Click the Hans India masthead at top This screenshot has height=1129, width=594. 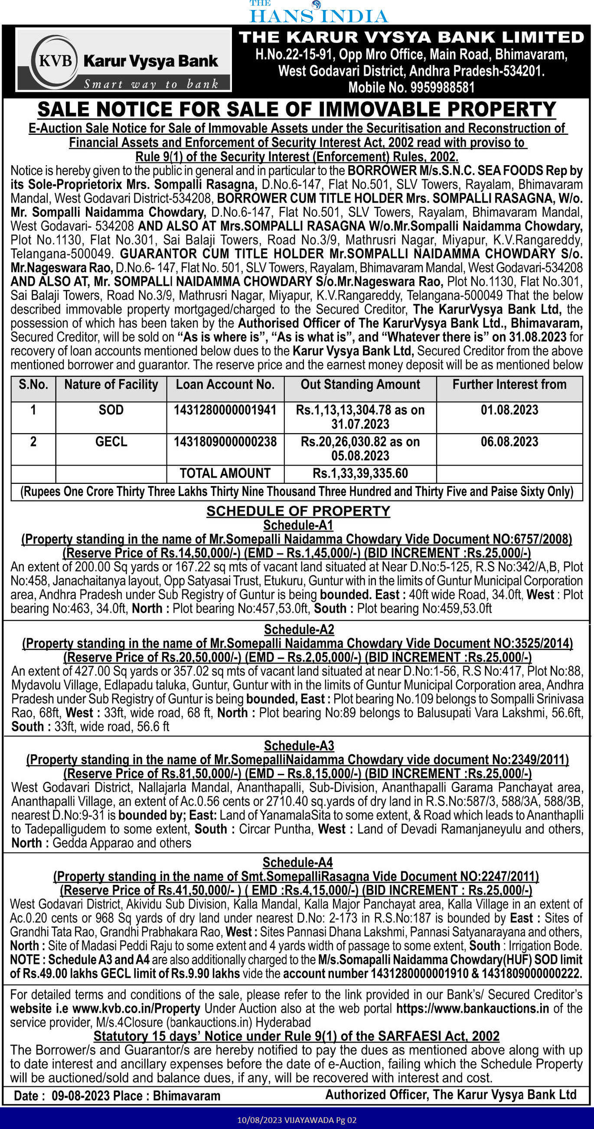pos(319,13)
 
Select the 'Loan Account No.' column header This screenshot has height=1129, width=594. pos(225,385)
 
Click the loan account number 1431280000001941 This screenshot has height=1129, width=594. pos(225,410)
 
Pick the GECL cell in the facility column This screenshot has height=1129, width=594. pos(111,442)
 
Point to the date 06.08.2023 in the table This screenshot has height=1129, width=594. pos(509,442)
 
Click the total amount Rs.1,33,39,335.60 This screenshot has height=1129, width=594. pos(360,473)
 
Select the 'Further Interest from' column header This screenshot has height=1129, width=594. pos(509,385)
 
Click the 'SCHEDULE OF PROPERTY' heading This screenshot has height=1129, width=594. pos(298,511)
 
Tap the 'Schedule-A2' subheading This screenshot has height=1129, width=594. pos(299,630)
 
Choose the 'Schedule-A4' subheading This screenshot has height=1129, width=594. pos(298,862)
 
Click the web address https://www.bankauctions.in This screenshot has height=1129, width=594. pos(473,1008)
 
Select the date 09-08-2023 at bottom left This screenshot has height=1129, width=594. pos(80,1096)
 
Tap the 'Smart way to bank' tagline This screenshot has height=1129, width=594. pos(151,84)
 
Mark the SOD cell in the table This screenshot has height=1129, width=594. pos(111,410)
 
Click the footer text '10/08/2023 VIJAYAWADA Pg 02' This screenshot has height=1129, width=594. pos(297,1120)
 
